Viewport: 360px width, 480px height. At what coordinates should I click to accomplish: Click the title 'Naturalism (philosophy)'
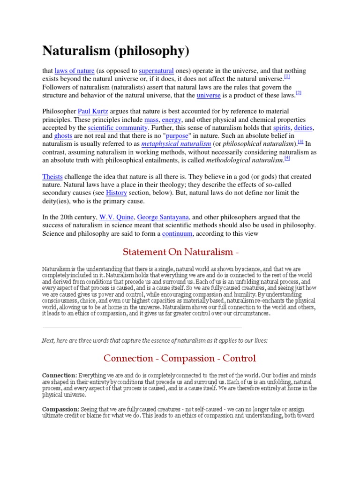117,50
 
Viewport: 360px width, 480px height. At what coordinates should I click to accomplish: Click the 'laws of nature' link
75,71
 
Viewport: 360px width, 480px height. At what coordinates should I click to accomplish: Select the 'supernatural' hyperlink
156,71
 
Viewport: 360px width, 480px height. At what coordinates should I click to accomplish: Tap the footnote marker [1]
287,76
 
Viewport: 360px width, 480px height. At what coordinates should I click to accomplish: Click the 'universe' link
209,95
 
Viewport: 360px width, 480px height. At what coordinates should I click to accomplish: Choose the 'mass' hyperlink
151,120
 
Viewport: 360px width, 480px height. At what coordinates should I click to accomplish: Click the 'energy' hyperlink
171,120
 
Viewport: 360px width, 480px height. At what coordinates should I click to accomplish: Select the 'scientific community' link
118,127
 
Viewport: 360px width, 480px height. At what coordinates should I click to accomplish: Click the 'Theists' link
52,176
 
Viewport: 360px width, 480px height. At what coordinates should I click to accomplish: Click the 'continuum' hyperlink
178,233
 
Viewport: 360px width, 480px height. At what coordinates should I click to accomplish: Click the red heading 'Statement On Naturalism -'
180,252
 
